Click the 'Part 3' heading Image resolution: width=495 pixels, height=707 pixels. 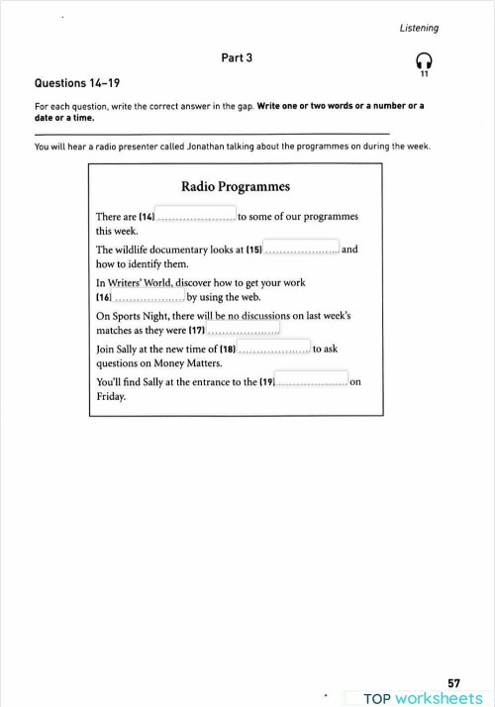(237, 58)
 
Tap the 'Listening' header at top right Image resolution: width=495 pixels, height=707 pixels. (419, 28)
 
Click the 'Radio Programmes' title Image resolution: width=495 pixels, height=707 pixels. (236, 186)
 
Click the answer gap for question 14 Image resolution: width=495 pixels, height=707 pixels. (196, 216)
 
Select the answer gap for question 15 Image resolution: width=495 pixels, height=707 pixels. (302, 250)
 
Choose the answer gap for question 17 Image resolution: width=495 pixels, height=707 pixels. (244, 330)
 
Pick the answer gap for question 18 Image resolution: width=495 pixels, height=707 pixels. (274, 349)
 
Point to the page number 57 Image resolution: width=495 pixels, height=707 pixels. (453, 682)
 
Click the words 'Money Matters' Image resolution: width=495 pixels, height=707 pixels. (163, 363)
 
